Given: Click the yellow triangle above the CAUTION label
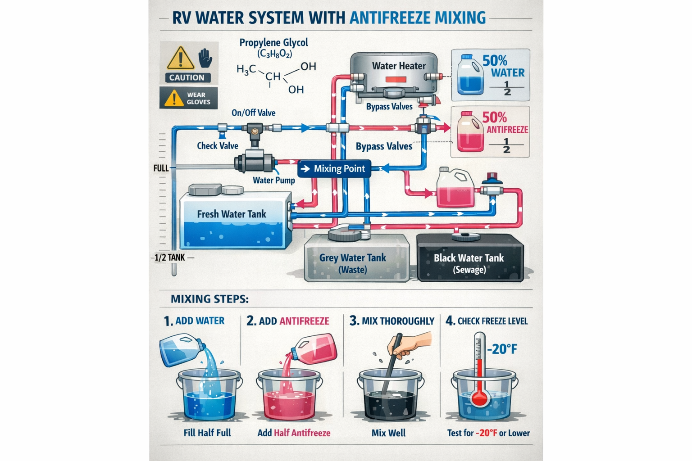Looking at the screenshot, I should point(180,58).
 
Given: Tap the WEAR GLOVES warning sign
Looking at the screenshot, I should point(188,98).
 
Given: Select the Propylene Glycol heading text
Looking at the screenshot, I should point(273,43).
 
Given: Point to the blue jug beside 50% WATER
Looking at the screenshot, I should point(470,75).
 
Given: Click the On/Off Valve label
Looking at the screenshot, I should point(253,113).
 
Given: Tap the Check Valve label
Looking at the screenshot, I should point(217,145).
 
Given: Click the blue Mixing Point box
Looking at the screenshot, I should point(334,169).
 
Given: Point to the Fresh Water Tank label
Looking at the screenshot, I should point(232,214).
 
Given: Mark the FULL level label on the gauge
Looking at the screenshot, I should point(161,168).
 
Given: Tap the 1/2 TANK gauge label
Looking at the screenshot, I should point(169,258).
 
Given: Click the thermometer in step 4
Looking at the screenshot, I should point(480,369).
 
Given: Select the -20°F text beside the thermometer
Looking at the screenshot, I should point(502,349).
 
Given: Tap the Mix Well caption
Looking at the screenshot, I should point(388,433).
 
